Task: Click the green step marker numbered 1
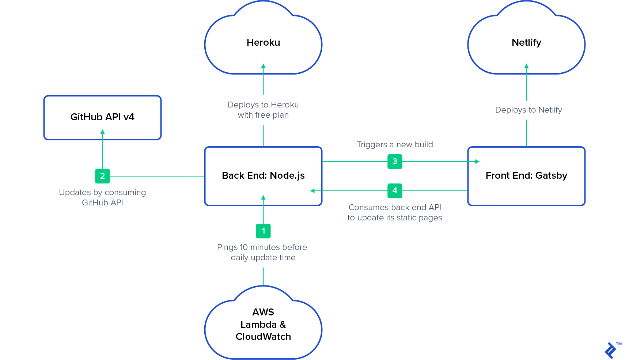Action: coord(263,231)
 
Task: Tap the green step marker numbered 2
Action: coord(102,176)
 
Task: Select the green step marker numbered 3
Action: coord(395,162)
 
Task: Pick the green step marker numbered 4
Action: coord(395,191)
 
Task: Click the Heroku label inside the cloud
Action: coord(263,42)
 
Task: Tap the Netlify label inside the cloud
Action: coord(526,42)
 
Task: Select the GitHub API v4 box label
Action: coord(102,117)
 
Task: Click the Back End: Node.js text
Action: coord(263,175)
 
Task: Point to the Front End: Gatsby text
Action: coord(526,175)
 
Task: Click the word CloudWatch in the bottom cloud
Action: coord(263,337)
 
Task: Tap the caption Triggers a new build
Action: coord(395,145)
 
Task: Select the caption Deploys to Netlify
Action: coord(528,110)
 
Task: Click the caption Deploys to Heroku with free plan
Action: coord(263,110)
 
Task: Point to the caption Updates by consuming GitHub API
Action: coord(102,197)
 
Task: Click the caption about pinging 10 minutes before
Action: coord(262,252)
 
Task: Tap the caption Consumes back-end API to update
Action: coord(395,212)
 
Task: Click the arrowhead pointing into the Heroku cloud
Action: coord(263,66)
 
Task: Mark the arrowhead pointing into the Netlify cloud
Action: coord(526,66)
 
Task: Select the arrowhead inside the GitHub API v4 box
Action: coord(102,132)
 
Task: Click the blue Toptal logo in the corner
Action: coord(610,350)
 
